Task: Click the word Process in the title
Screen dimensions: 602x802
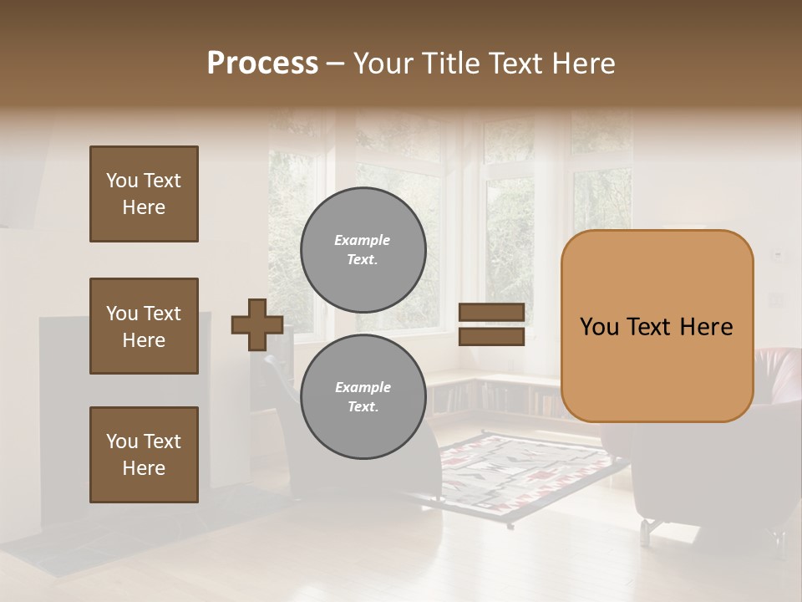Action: [262, 63]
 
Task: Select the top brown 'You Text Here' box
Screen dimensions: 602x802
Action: [144, 194]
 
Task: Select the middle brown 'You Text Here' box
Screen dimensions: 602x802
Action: [144, 326]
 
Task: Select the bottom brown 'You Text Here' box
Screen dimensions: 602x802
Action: [144, 455]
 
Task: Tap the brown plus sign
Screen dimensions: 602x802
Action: [256, 324]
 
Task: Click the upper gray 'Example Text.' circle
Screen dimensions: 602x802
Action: [363, 249]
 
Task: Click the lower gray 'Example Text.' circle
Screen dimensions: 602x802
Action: [363, 396]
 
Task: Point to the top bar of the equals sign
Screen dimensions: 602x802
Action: [491, 313]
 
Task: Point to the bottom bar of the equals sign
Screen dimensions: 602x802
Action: [491, 336]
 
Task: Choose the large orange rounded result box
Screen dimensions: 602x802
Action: [657, 326]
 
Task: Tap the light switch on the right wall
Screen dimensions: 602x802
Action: [777, 253]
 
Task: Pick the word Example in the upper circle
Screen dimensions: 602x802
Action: [363, 240]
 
